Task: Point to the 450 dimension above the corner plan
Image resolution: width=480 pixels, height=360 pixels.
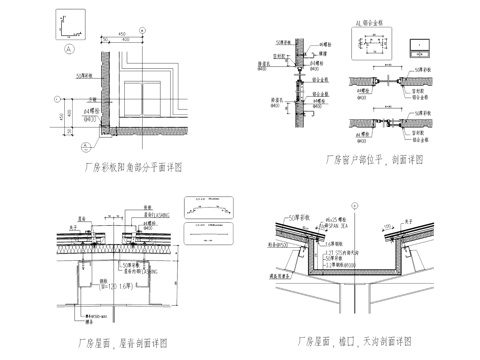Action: (124, 32)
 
